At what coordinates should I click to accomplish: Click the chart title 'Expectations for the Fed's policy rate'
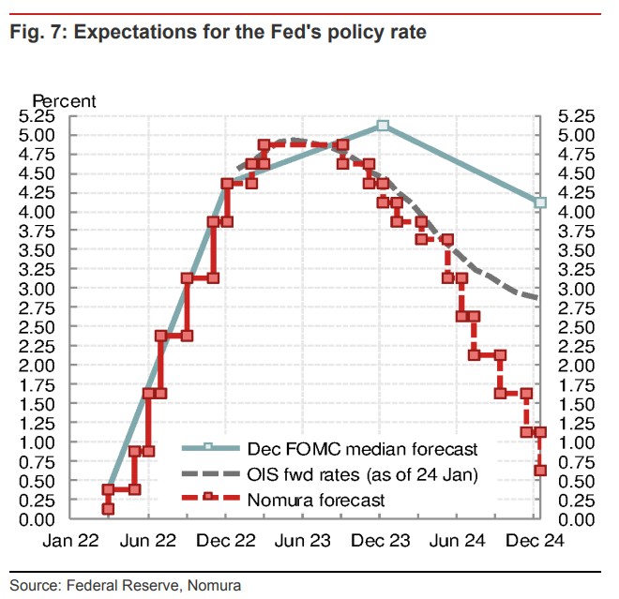tap(249, 33)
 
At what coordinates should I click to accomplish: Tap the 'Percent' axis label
tap(65, 99)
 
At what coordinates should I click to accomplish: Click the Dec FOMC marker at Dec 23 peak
tap(383, 125)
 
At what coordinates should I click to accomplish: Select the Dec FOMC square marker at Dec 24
tap(540, 202)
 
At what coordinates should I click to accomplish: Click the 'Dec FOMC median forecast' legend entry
tap(361, 449)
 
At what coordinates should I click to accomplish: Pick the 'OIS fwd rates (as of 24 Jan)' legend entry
tap(362, 475)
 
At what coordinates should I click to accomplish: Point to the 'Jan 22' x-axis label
tap(70, 541)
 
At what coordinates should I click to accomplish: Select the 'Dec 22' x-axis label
tap(226, 541)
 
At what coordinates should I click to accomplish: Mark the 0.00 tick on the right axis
tap(576, 519)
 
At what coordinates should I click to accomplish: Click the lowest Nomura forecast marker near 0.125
tap(109, 509)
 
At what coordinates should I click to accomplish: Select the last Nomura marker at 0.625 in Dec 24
tap(540, 471)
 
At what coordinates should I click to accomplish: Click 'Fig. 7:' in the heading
tap(37, 33)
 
